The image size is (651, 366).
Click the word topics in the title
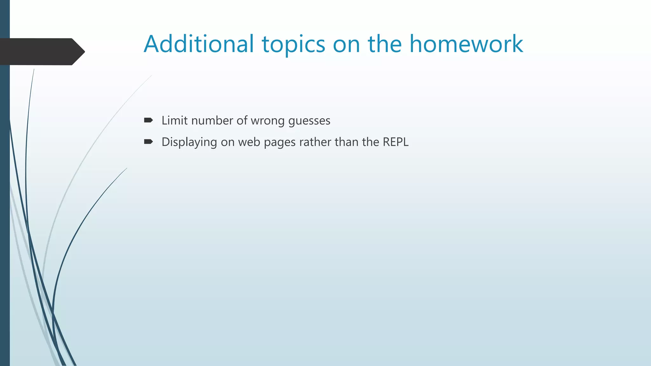[293, 44]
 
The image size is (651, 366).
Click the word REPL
[395, 142]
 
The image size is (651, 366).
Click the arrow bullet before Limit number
[148, 120]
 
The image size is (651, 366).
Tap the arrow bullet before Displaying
[148, 142]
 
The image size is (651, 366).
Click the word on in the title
[346, 44]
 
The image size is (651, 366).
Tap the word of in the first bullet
[242, 121]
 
